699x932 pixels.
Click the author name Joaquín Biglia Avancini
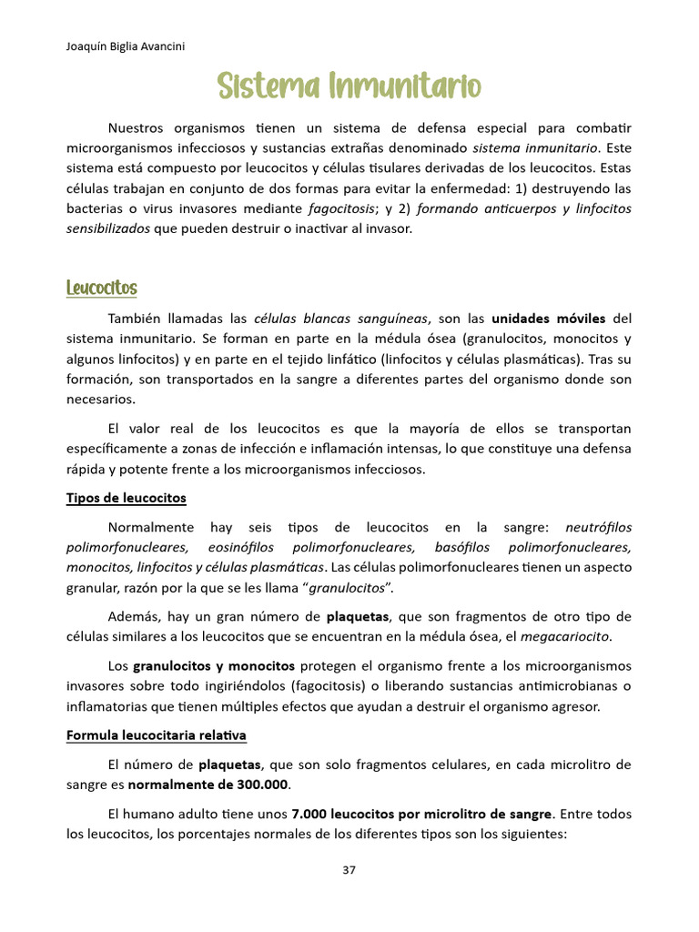(126, 47)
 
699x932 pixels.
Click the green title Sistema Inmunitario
(349, 88)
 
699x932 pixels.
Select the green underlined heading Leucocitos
(101, 289)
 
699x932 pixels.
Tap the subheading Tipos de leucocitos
(126, 498)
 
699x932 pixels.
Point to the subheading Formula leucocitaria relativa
(157, 734)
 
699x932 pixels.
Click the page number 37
(349, 869)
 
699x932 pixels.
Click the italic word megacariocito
(571, 634)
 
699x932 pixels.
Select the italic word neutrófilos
(598, 527)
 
